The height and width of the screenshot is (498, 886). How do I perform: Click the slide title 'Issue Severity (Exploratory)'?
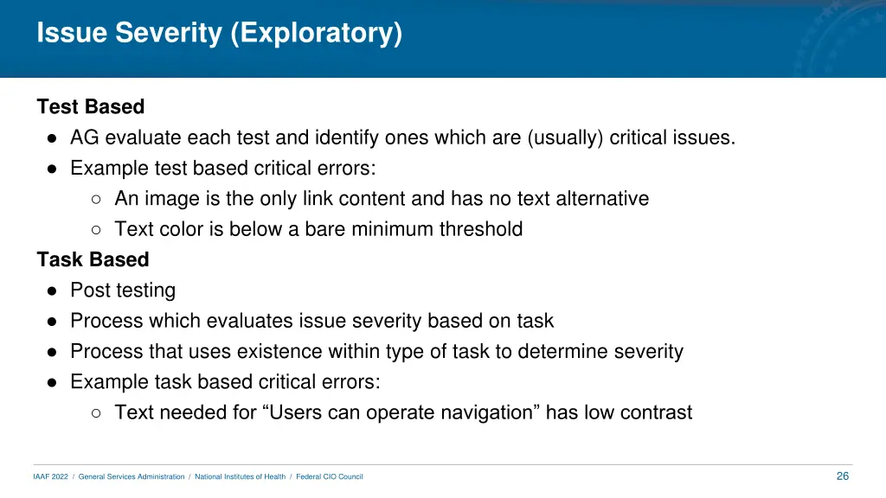pyautogui.click(x=220, y=33)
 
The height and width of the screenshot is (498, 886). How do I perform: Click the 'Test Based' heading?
pyautogui.click(x=91, y=107)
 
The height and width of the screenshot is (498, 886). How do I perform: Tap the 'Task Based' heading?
pyautogui.click(x=93, y=259)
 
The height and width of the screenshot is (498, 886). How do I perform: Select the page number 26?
pyautogui.click(x=843, y=476)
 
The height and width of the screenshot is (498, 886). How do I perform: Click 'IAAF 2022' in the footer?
pyautogui.click(x=50, y=477)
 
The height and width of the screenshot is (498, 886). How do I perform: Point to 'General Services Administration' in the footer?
pyautogui.click(x=132, y=477)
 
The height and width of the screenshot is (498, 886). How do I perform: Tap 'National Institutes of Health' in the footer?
pyautogui.click(x=240, y=477)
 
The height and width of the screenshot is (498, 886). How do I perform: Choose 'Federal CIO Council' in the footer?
pyautogui.click(x=330, y=477)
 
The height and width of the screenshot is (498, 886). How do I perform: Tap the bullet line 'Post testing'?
pyautogui.click(x=123, y=290)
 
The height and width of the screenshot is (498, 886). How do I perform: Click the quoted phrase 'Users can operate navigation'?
pyautogui.click(x=403, y=412)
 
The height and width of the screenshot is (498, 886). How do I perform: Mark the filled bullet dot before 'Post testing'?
pyautogui.click(x=53, y=290)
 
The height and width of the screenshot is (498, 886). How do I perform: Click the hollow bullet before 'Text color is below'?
pyautogui.click(x=97, y=230)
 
